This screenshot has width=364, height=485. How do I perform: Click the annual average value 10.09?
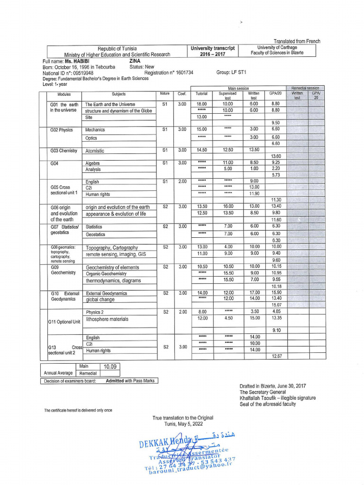[x=109, y=366]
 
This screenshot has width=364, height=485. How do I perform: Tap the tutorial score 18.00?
[x=201, y=104]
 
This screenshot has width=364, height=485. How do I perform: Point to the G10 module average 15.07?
[x=276, y=305]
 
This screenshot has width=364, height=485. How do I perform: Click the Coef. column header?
[x=182, y=94]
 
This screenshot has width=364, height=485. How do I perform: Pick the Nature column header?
[x=164, y=94]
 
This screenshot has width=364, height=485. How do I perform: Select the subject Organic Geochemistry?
[x=106, y=274]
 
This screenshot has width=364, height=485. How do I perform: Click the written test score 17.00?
[x=254, y=293]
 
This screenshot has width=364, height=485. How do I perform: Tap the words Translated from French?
[x=297, y=41]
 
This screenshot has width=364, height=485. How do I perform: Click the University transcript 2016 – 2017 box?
[x=212, y=51]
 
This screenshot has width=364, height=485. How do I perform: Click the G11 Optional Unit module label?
[x=64, y=322]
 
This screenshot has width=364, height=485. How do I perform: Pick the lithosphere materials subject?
[x=107, y=319]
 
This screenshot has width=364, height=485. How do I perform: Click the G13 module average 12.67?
[x=276, y=356]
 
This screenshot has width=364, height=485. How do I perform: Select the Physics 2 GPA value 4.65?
[x=276, y=312]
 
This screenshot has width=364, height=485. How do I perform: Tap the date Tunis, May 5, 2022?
[x=182, y=424]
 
